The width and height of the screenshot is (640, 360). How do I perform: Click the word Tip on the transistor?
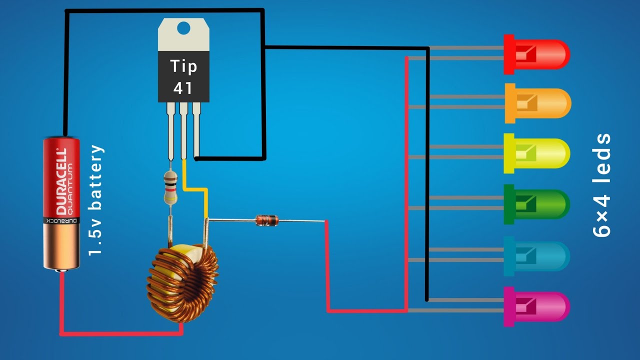[183, 66]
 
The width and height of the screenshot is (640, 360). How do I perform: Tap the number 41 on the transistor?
[183, 88]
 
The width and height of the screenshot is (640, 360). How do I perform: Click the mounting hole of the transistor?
[183, 28]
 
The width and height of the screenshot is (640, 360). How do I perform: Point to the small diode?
[266, 220]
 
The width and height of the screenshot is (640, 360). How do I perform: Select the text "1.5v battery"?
[96, 200]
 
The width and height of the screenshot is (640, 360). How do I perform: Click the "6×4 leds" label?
[601, 185]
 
